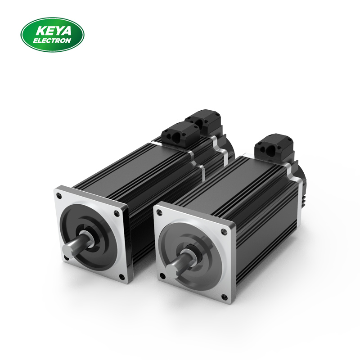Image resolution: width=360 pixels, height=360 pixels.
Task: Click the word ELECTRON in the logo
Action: [52, 40]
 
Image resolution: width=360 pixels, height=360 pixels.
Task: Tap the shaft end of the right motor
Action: [171, 271]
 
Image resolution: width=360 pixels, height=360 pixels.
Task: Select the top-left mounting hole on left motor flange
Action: [59, 196]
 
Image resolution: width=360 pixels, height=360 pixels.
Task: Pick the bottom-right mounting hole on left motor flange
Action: [121, 276]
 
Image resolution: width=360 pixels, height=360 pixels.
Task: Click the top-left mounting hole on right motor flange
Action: [159, 212]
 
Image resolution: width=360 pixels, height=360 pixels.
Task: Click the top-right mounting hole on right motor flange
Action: [223, 232]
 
